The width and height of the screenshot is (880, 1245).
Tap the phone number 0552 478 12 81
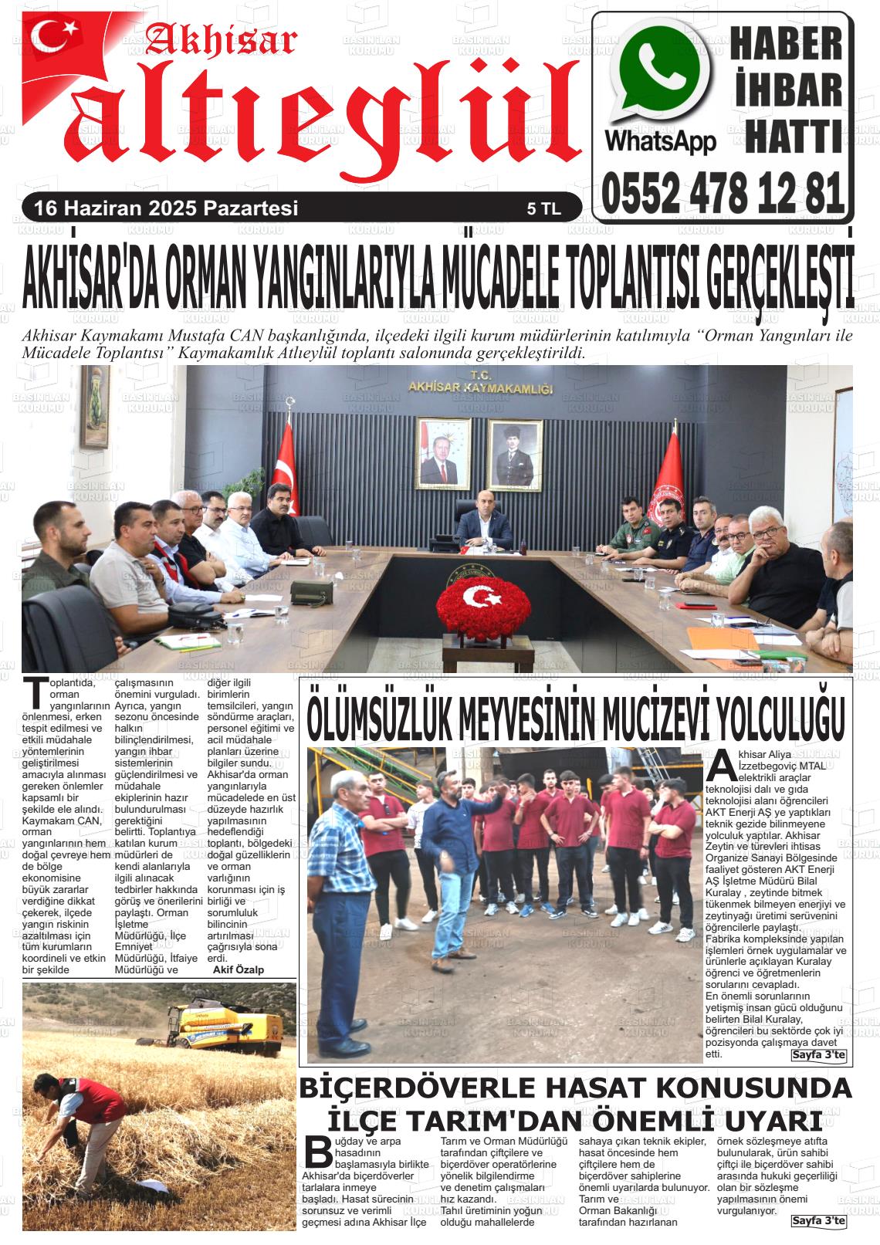click(723, 194)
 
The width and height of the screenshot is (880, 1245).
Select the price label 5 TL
click(543, 208)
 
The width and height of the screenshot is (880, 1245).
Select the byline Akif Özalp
click(238, 970)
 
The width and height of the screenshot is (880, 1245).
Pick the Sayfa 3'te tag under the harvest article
click(818, 1221)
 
